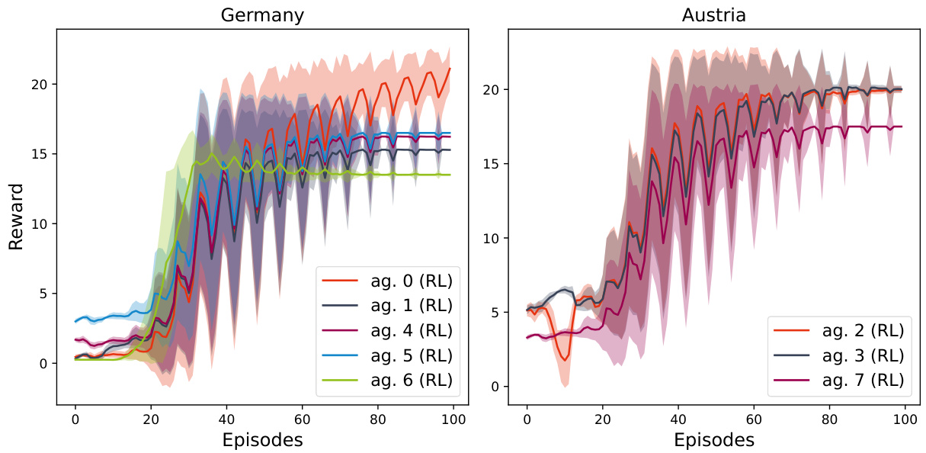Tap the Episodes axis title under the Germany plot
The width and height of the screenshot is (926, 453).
pos(262,440)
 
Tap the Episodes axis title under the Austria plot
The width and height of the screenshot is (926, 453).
pos(714,440)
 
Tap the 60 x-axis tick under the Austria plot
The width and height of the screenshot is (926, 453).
pos(754,419)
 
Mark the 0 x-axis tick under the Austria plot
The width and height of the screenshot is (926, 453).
pos(527,419)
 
